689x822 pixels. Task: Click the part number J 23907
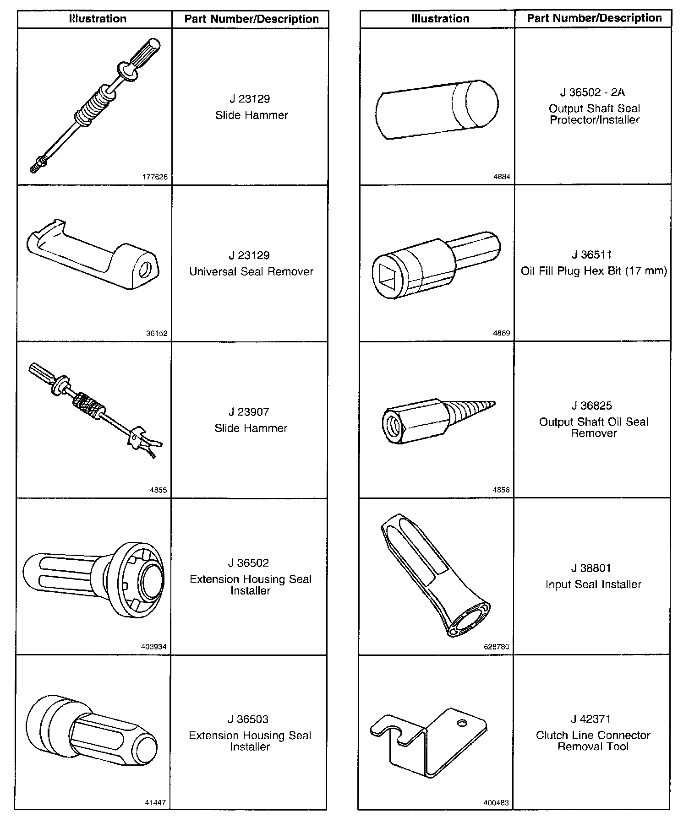click(251, 412)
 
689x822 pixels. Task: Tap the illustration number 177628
click(155, 177)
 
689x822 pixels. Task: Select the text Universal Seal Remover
click(251, 271)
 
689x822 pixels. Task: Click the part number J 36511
click(591, 255)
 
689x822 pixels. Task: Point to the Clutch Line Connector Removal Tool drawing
click(428, 741)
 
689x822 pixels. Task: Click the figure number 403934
click(153, 647)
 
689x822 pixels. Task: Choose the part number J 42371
click(591, 719)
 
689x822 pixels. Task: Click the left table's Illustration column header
click(98, 19)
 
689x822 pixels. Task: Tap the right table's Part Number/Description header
click(594, 18)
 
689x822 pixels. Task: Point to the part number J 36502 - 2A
click(592, 92)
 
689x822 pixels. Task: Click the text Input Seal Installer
click(593, 584)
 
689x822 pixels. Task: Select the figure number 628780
click(496, 647)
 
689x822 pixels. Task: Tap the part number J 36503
click(248, 719)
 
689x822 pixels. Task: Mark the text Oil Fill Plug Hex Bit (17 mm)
click(594, 271)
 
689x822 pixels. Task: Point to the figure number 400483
click(496, 803)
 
